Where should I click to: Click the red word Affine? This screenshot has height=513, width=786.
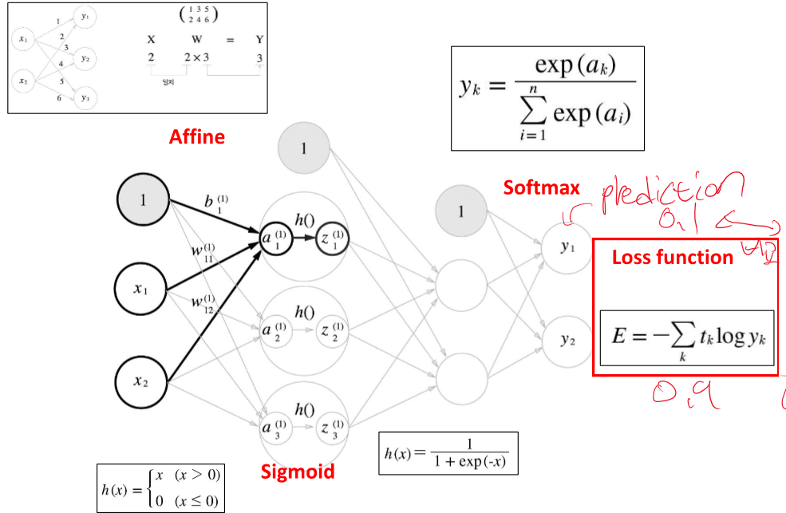click(196, 136)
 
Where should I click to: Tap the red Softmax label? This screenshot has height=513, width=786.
click(541, 187)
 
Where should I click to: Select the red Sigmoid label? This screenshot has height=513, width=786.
click(298, 472)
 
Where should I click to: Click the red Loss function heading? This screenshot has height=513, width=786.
click(672, 258)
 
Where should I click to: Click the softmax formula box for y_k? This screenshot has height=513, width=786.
click(547, 97)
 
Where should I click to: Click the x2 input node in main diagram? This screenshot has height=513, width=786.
click(142, 381)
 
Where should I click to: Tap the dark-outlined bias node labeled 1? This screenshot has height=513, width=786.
click(143, 200)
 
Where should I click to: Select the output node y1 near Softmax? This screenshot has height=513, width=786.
click(567, 249)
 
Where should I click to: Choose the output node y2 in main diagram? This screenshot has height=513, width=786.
click(567, 341)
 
